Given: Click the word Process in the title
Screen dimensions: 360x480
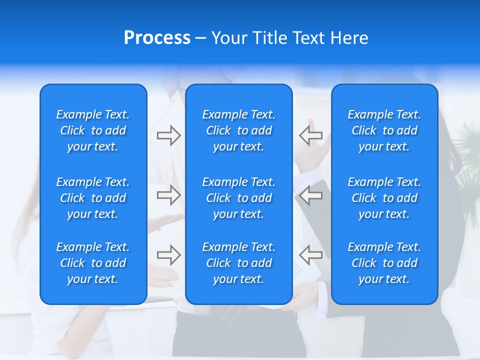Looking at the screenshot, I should [x=157, y=38].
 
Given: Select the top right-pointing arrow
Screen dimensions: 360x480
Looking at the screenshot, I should [x=168, y=135].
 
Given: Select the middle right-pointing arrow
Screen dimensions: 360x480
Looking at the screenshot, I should [x=168, y=195].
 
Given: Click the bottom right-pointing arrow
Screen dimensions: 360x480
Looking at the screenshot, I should [x=168, y=255].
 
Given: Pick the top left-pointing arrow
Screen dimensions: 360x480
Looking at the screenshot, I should [x=310, y=135].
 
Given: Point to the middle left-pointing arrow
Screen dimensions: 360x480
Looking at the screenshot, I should [x=310, y=195].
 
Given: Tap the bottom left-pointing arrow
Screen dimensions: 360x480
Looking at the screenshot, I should [x=310, y=255].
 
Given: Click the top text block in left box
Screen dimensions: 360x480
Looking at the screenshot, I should [x=93, y=130].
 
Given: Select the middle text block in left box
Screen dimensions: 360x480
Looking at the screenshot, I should [x=93, y=198].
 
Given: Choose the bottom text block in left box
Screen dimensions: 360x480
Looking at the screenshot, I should [x=93, y=263].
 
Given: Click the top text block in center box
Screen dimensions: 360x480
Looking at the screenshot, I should [x=238, y=130].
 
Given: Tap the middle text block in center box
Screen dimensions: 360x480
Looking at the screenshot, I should [x=238, y=198].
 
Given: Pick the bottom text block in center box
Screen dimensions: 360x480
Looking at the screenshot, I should [x=238, y=263].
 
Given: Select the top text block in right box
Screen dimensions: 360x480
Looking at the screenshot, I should [x=384, y=130].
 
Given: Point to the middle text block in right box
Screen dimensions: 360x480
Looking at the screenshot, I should [x=384, y=198].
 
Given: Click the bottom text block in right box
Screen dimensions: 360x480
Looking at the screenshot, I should [x=384, y=263].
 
